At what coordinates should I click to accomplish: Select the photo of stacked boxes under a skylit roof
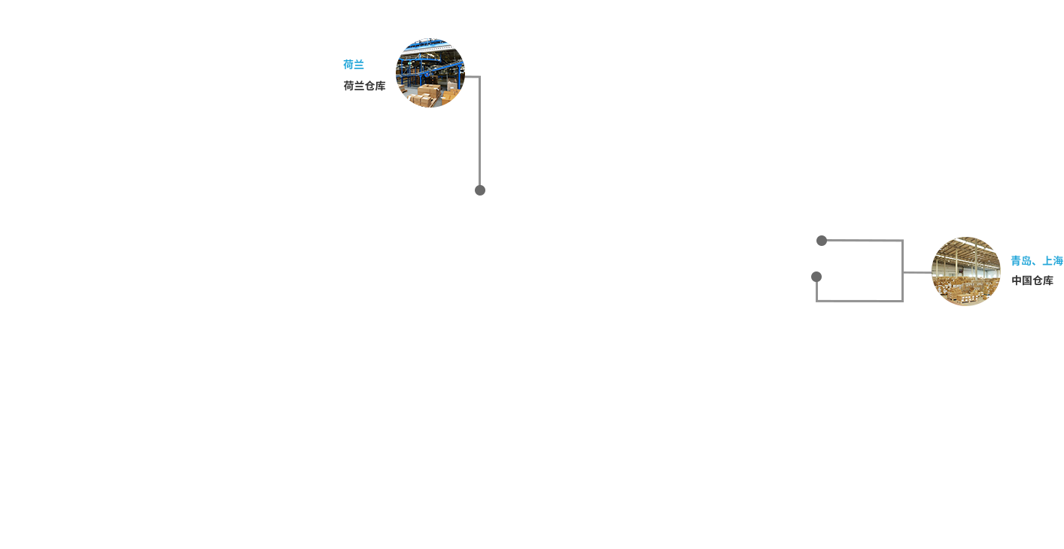tap(965, 271)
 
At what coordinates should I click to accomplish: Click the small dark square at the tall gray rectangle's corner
tap(479, 190)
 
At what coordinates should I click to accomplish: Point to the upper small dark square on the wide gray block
tap(821, 240)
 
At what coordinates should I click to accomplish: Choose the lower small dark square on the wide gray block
tap(816, 276)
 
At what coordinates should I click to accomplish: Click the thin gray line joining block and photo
tap(917, 272)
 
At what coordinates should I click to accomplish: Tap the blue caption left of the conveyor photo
tap(353, 65)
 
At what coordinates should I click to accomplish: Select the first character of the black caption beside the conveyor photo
tap(348, 86)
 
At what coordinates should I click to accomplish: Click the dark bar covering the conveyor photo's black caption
tap(369, 86)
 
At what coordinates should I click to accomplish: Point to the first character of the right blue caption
tap(1015, 260)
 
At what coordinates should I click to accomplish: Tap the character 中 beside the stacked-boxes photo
tap(1017, 281)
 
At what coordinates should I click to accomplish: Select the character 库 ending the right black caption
tap(1048, 281)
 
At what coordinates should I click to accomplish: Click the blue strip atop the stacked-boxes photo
tap(965, 236)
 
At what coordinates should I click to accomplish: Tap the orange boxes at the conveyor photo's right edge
tap(454, 99)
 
